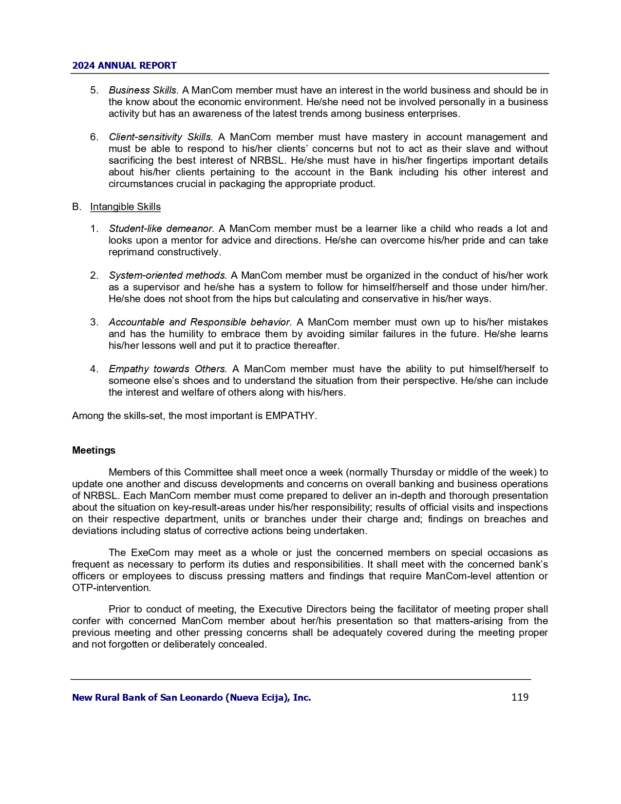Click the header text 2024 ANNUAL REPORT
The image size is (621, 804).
point(124,65)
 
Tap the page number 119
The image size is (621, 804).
point(520,697)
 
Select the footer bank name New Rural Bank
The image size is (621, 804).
point(191,697)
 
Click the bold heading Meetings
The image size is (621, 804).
point(94,450)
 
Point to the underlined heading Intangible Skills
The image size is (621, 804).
point(125,207)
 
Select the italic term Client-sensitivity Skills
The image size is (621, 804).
point(161,137)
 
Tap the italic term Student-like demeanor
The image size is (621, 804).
point(161,229)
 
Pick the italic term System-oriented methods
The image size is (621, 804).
point(168,275)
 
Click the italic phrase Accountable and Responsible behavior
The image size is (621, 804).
point(200,322)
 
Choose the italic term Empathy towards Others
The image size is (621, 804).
point(168,369)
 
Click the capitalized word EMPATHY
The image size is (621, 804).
point(290,416)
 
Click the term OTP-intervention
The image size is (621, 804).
point(111,588)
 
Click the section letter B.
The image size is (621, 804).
point(76,207)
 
